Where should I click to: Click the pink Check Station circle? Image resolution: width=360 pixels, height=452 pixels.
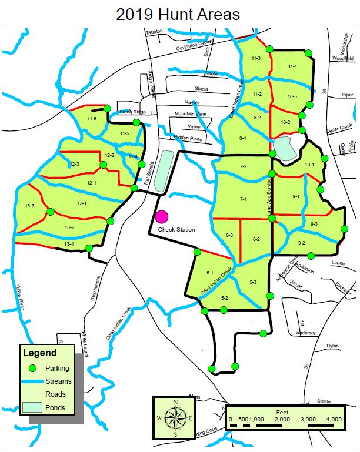click(162, 218)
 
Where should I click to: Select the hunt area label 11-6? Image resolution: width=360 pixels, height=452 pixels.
click(92, 119)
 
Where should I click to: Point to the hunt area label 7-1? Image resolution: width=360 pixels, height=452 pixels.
click(243, 200)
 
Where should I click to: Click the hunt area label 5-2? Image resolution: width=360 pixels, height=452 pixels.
click(225, 298)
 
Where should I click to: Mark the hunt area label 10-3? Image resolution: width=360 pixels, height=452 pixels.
click(292, 96)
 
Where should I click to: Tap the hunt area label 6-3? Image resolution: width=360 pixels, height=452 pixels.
click(229, 235)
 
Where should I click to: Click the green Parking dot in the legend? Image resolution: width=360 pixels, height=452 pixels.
click(34, 368)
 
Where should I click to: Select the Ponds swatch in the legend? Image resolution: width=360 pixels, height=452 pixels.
click(34, 407)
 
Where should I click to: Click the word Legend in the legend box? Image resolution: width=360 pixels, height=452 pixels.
click(39, 353)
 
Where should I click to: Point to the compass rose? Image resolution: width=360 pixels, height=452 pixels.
click(175, 417)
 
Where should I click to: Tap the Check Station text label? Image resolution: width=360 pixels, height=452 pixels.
click(176, 230)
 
